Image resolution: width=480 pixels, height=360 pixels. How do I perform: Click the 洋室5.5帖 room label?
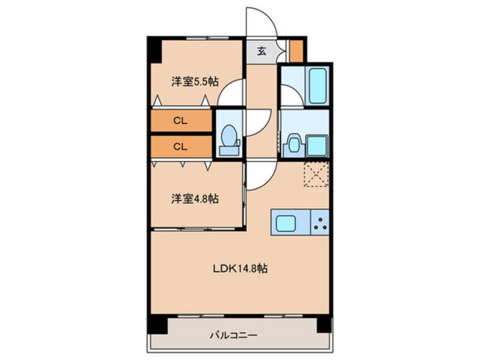coord(195,82)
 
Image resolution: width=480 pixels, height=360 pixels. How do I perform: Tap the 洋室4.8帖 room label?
coord(195,199)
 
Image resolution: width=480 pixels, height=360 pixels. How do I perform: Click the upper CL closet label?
coord(180,120)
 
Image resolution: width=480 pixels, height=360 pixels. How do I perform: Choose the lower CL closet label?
coord(180,146)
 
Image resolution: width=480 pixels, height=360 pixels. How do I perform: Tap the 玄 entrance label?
coord(262,51)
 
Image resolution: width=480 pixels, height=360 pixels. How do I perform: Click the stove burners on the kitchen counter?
coord(321,224)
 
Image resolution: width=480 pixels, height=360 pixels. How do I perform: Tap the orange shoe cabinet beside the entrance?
coord(296,51)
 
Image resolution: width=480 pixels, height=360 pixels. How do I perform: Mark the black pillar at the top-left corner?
coord(154,49)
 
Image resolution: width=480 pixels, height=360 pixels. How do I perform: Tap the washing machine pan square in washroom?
coord(317,145)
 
